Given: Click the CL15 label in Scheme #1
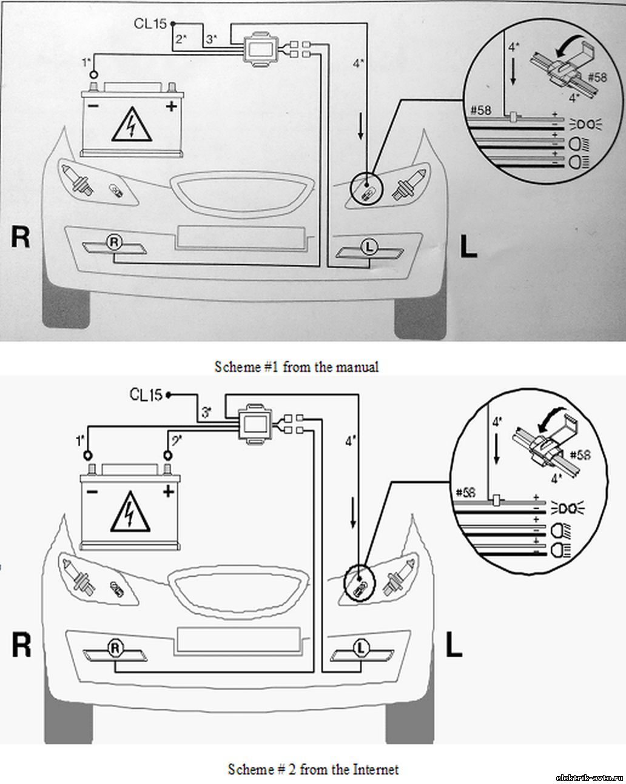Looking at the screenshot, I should point(150,24).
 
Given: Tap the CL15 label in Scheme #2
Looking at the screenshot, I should point(146,394).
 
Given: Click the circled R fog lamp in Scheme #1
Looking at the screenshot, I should point(114,242).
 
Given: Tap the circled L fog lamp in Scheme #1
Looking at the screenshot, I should point(368,247).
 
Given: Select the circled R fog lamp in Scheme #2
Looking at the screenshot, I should point(115,648).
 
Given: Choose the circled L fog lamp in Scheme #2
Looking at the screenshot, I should point(362,648).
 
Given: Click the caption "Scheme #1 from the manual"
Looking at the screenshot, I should point(296,367).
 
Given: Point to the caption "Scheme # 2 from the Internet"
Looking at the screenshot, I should point(313,769).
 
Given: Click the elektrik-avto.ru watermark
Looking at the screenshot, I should point(589,777).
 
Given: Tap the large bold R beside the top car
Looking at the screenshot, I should point(20,238).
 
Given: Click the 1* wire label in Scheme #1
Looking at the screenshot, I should point(87,61).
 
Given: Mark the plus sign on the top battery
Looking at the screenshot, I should point(172,107).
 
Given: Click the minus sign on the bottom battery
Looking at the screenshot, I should point(92,491).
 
